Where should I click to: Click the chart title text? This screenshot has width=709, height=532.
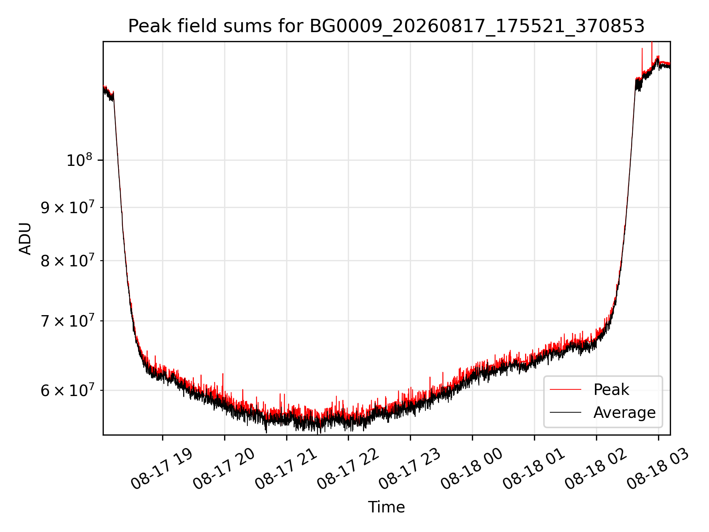click(386, 26)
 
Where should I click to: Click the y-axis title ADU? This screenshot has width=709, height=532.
click(25, 238)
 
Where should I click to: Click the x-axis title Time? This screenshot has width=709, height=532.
click(386, 507)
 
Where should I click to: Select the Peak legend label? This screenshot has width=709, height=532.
click(611, 390)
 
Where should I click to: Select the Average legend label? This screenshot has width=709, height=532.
click(624, 412)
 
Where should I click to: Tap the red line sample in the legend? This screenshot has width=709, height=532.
click(565, 389)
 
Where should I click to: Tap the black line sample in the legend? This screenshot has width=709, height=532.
click(565, 412)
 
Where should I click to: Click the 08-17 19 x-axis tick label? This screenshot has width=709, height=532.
click(162, 469)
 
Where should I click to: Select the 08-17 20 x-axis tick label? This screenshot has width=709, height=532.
click(224, 469)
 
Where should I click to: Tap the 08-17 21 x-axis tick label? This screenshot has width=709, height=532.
click(286, 469)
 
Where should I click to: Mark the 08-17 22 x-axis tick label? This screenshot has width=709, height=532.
click(348, 469)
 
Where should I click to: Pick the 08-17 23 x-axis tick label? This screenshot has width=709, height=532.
click(410, 469)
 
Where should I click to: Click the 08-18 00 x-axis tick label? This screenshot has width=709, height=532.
click(472, 469)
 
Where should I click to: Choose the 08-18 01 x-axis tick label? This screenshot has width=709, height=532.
click(534, 469)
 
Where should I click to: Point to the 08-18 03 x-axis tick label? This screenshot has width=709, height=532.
click(658, 469)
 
